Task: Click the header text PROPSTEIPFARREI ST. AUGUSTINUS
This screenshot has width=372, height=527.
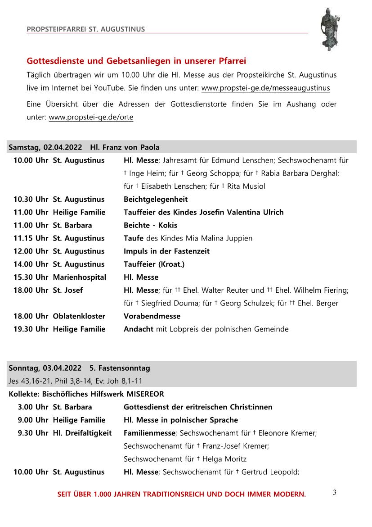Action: (x=85, y=29)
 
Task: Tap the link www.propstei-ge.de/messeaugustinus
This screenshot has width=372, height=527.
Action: (x=265, y=88)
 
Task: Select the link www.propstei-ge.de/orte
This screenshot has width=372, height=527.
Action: (x=91, y=118)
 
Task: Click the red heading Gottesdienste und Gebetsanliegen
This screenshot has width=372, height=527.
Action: (x=136, y=61)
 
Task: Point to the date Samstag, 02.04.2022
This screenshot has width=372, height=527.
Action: (x=46, y=147)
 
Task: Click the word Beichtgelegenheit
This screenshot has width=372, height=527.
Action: (x=156, y=199)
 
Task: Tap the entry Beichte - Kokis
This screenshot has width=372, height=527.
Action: (x=150, y=225)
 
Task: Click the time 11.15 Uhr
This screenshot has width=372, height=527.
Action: (x=30, y=238)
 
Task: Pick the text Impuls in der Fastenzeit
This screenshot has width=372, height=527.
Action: (x=166, y=251)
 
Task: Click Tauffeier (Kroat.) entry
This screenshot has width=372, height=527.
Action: (x=154, y=264)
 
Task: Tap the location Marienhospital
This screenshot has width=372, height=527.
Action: (x=79, y=277)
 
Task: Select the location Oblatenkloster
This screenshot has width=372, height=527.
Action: (x=79, y=316)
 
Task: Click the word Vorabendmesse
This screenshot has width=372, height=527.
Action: (x=152, y=316)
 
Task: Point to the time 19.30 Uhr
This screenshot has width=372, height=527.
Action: (x=30, y=329)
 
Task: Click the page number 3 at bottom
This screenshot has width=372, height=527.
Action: (x=334, y=492)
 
